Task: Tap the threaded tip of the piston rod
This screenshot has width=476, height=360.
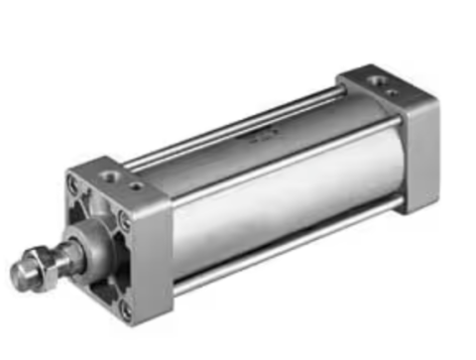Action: (x=22, y=273)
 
